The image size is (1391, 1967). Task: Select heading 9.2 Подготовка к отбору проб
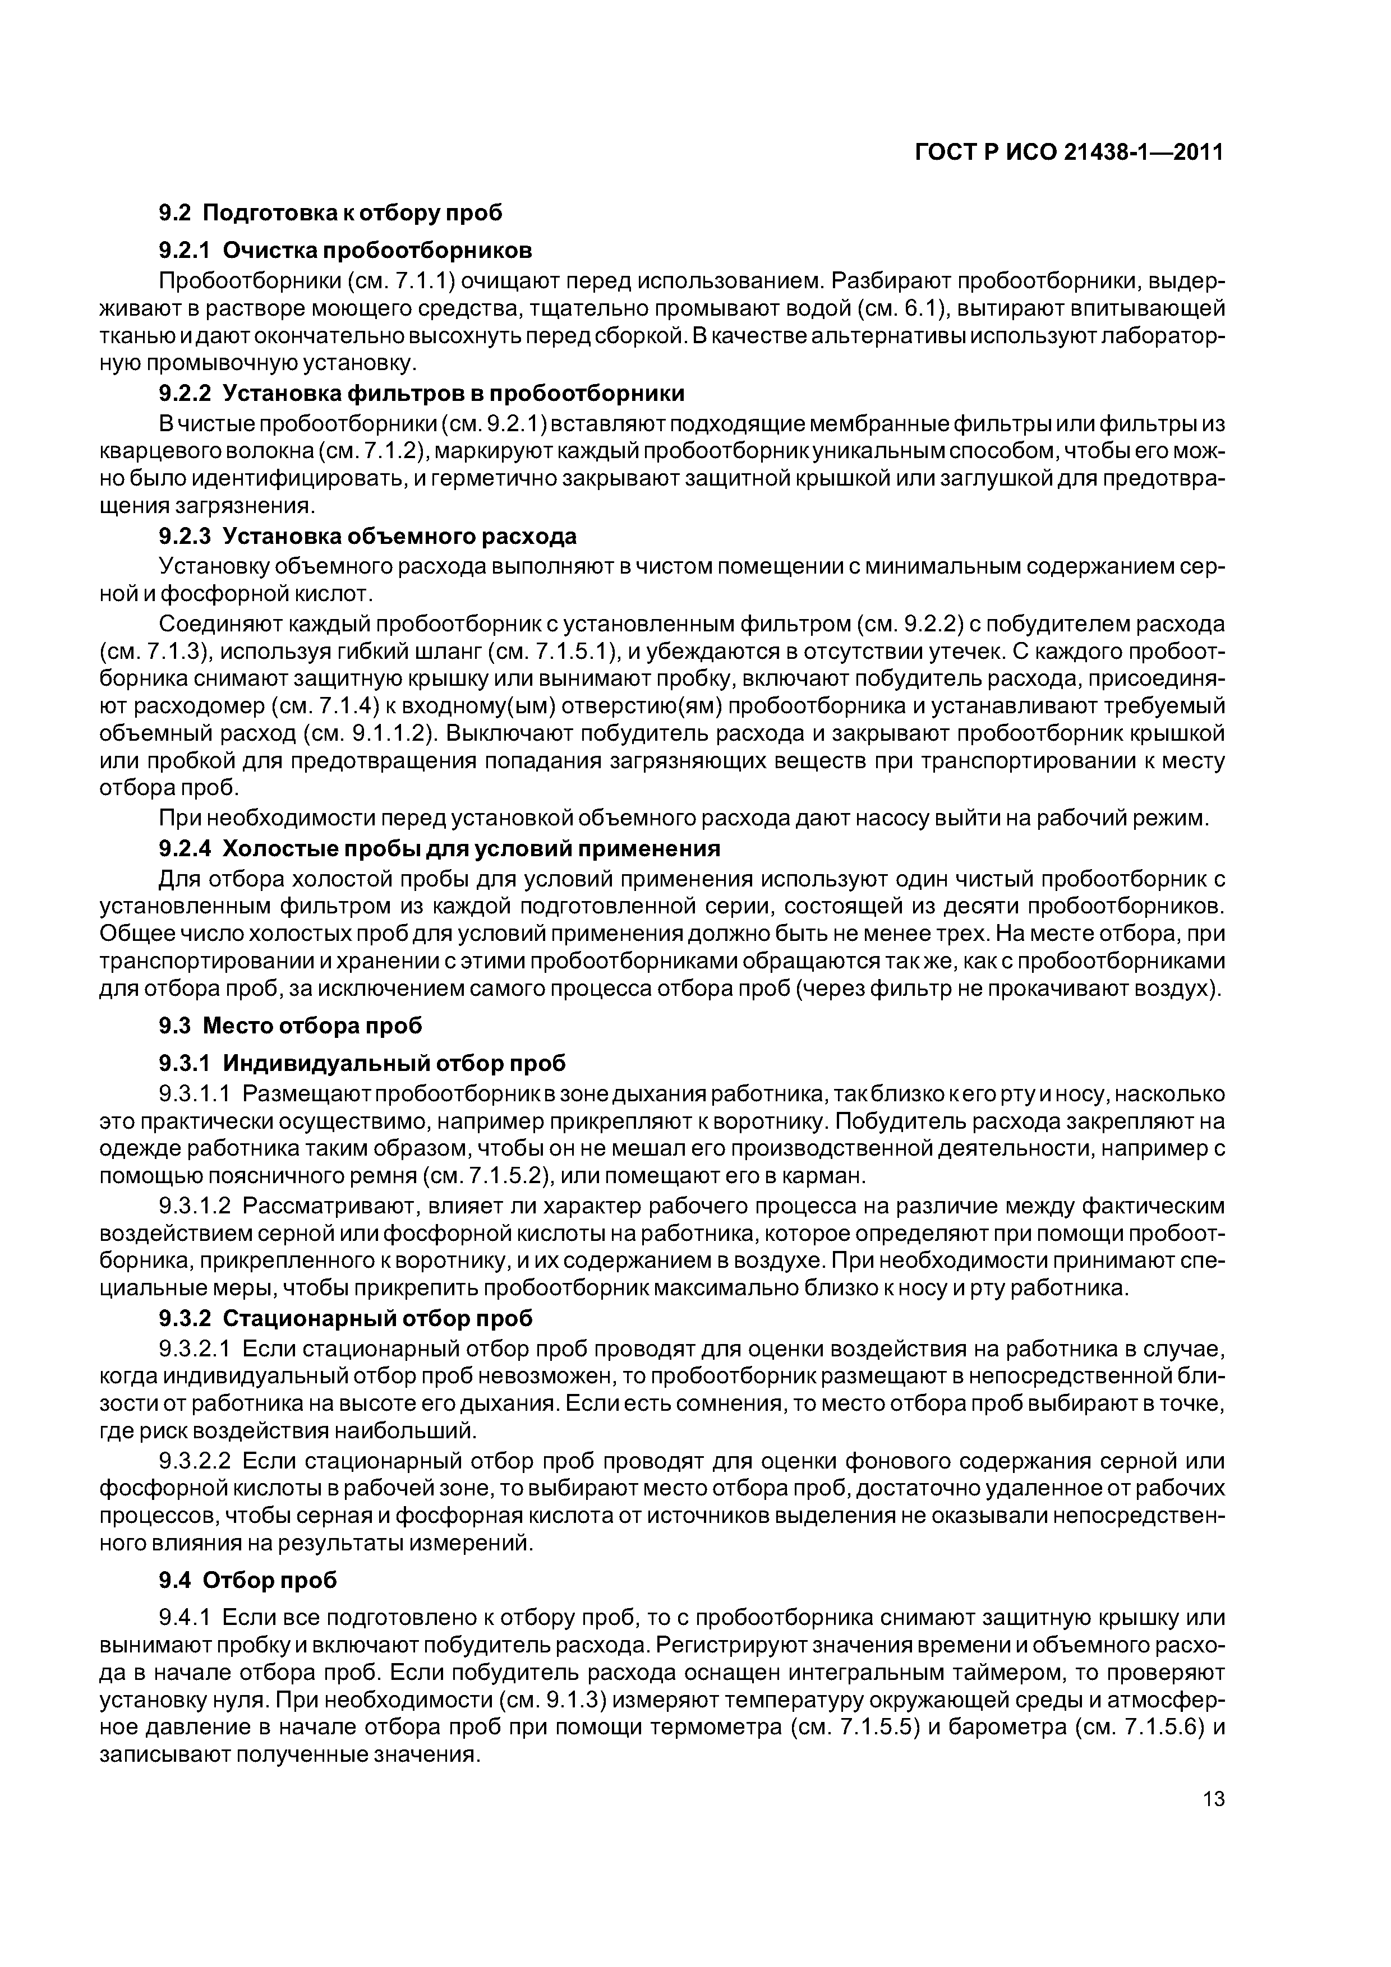point(330,213)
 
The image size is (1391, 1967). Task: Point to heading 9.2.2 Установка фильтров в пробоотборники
point(421,393)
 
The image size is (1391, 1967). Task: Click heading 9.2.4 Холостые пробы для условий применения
point(439,848)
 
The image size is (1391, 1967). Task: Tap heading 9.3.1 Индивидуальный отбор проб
point(362,1063)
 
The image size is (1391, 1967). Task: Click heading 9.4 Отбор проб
point(248,1580)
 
